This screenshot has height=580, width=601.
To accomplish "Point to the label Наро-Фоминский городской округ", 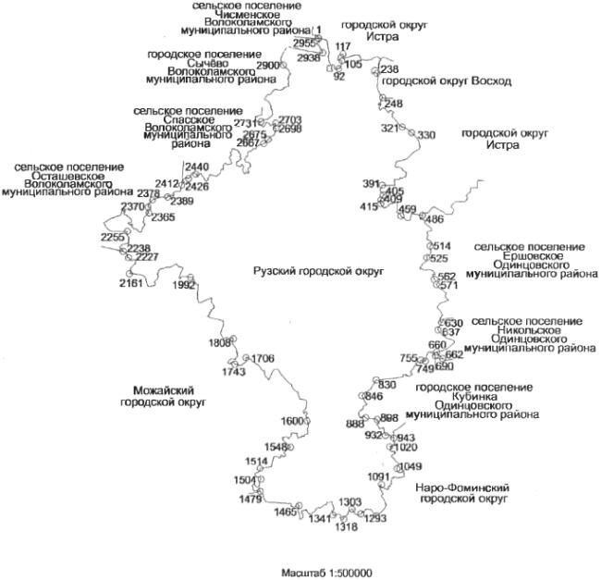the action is click(x=462, y=493).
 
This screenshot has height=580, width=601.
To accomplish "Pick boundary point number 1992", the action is click(x=184, y=286).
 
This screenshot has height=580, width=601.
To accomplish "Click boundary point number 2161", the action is click(x=131, y=283).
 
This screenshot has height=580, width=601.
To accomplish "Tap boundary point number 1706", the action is click(x=263, y=359).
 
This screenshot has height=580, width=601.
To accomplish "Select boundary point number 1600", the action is click(x=292, y=421).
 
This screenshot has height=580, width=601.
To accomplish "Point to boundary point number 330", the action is click(x=425, y=136).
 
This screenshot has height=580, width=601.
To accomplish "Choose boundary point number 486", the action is click(x=433, y=219).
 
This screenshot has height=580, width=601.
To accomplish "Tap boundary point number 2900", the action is click(x=268, y=67).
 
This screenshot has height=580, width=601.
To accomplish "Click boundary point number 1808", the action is click(x=220, y=343).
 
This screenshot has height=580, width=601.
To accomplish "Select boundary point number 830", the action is click(x=386, y=385).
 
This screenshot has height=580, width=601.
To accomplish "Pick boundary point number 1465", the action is click(x=287, y=512).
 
